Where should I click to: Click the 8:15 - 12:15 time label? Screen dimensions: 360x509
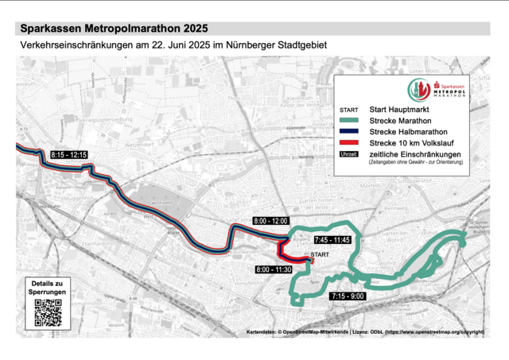pyautogui.click(x=69, y=154)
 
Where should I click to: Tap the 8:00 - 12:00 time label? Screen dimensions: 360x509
pyautogui.click(x=271, y=219)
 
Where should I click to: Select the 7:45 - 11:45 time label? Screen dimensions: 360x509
pyautogui.click(x=332, y=239)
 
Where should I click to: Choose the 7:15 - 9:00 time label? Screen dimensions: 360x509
pyautogui.click(x=347, y=296)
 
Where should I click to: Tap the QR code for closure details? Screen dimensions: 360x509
pyautogui.click(x=49, y=312)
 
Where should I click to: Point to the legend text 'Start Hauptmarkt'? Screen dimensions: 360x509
pyautogui.click(x=399, y=109)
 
